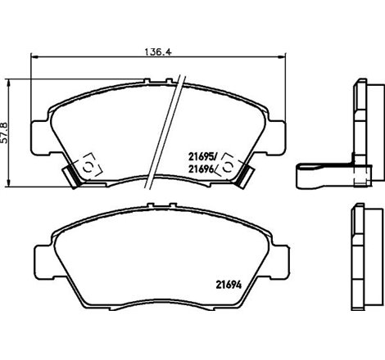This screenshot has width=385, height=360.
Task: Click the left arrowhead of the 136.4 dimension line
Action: pyautogui.click(x=33, y=56)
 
